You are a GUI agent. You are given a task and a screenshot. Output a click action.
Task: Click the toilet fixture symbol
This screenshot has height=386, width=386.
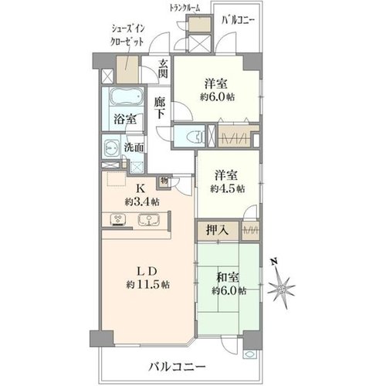[198, 136]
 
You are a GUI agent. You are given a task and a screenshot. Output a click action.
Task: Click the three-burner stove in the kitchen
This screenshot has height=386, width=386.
[118, 220]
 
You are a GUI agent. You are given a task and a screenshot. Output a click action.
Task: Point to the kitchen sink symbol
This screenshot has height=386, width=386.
[149, 220]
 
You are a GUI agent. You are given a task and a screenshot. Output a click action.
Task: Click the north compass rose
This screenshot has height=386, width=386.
[281, 284]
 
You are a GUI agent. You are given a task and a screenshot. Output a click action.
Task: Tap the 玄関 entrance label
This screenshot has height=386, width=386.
[163, 69]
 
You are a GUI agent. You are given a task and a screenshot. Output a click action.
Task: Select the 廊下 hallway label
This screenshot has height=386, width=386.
[160, 108]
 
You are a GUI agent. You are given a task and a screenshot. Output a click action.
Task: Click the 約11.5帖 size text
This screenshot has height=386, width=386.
[148, 285]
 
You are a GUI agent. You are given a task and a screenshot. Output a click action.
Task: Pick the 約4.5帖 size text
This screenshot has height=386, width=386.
[228, 188]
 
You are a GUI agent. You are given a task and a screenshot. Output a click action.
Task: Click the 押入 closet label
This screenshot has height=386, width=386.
[218, 230]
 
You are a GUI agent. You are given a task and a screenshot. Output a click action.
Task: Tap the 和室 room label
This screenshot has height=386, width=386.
[228, 277]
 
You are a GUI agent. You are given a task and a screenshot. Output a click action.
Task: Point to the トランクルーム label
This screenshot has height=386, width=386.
[185, 8]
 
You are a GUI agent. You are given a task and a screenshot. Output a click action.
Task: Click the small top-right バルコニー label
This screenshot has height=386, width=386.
[239, 20]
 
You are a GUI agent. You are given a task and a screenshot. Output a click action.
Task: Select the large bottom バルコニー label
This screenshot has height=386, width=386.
[178, 367]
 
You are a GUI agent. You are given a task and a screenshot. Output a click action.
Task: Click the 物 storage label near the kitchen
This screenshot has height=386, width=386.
[164, 181]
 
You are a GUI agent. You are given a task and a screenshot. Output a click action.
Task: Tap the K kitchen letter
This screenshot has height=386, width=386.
[141, 189]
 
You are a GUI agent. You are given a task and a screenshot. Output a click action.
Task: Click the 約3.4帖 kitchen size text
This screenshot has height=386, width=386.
[142, 201]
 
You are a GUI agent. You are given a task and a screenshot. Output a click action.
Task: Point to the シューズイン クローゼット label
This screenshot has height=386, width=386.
[127, 36]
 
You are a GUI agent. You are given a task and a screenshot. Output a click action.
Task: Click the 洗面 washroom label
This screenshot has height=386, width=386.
[134, 147]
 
